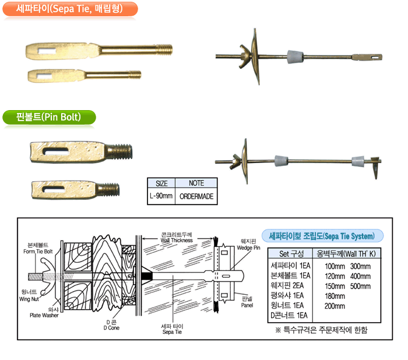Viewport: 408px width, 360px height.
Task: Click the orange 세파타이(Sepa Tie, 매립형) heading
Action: [69, 9]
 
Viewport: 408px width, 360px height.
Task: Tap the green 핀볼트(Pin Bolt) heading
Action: [49, 117]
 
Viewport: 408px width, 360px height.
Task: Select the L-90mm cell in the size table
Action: [161, 196]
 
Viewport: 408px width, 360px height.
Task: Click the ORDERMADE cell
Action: [196, 196]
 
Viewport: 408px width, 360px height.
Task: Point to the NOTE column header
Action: [196, 183]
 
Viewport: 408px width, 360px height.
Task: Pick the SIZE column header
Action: [161, 183]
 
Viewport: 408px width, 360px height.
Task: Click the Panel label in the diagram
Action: [248, 300]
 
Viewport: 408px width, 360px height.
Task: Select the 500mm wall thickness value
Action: [361, 285]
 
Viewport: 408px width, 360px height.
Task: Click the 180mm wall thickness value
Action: [335, 296]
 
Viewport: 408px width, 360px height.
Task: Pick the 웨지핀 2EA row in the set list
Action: [290, 285]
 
